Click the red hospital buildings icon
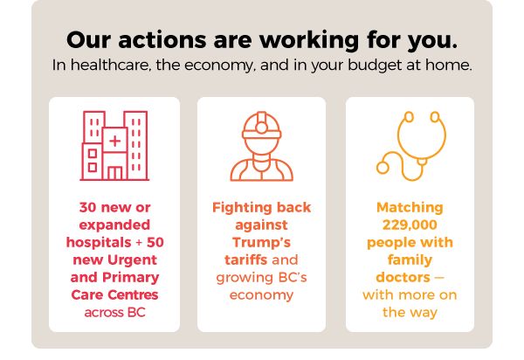(114, 145)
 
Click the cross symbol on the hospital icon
(114, 140)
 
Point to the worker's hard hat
(262, 124)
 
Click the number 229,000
(410, 225)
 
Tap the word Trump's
(262, 243)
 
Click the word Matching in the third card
(410, 208)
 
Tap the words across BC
(114, 312)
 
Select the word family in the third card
(410, 260)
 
